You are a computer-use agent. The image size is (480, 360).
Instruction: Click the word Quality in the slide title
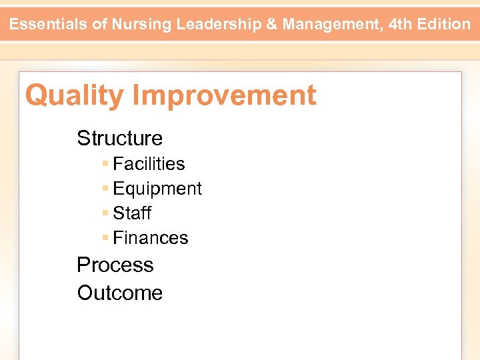(x=74, y=96)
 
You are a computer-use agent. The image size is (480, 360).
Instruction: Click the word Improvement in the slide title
(x=224, y=96)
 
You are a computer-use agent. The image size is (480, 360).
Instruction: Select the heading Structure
(x=119, y=138)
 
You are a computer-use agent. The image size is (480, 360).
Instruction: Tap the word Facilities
(x=149, y=164)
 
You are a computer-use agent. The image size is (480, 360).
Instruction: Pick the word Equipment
(x=157, y=189)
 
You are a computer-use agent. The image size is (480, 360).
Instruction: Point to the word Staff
(x=132, y=213)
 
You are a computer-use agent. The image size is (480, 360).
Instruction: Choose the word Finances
(x=151, y=238)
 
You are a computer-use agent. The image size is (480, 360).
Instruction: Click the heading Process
(x=115, y=265)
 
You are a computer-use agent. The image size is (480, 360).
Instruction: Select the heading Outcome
(x=119, y=293)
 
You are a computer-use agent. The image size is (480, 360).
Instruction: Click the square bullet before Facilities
(x=105, y=163)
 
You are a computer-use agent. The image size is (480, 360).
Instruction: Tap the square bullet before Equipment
(x=105, y=188)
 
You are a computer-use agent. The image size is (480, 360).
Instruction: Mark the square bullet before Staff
(x=105, y=213)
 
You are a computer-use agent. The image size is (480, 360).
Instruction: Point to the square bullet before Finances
(x=105, y=237)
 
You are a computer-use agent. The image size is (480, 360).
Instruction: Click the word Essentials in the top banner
(x=48, y=25)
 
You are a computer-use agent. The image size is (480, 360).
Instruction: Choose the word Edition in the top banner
(x=445, y=25)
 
